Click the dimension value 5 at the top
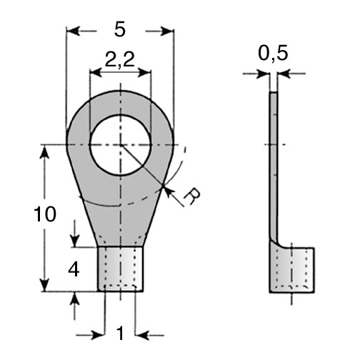pos(119,30)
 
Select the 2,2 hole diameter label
pos(120,59)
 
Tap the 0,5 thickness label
pos(273,54)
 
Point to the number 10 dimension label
pos(45,214)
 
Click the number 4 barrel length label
pos(74,270)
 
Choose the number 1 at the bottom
pos(121,334)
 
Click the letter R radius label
pos(192,196)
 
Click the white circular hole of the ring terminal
pos(121,145)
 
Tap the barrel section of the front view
pos(121,269)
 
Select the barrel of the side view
pos(292,270)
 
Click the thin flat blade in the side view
pos(274,166)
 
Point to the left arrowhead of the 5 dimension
pos(73,31)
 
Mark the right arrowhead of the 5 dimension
pos(167,31)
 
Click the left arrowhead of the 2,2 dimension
pos(96,73)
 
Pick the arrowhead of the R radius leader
pos(167,191)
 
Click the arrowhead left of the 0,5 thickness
pos(264,74)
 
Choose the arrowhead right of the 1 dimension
pos(142,336)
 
